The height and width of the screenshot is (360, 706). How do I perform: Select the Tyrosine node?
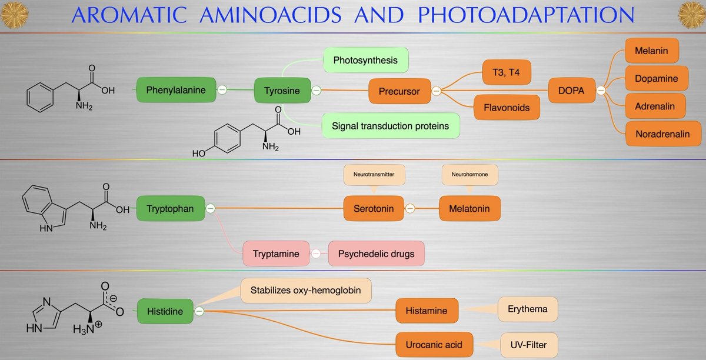click(x=282, y=91)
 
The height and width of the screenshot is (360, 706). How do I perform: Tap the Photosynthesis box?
click(x=365, y=61)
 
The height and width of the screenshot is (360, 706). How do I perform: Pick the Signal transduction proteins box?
click(x=390, y=125)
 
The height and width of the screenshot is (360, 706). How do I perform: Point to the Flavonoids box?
click(x=507, y=108)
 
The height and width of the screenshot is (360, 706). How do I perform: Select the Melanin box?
click(x=651, y=51)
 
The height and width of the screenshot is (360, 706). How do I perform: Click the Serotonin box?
click(x=374, y=208)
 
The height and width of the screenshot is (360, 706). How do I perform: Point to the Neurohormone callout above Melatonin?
click(x=469, y=175)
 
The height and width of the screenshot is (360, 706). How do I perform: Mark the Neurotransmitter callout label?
click(x=374, y=175)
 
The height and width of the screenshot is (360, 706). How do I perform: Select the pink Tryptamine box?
click(x=275, y=254)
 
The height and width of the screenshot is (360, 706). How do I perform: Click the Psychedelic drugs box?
click(x=375, y=254)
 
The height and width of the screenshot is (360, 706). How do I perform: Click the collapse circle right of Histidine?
click(x=199, y=311)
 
